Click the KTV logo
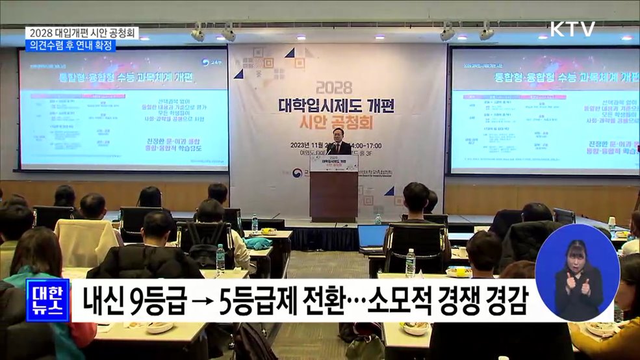[572, 29]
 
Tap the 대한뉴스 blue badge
[47, 300]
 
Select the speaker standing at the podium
[339, 142]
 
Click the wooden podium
[333, 195]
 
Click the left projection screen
[124, 109]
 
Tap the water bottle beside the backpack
[220, 257]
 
